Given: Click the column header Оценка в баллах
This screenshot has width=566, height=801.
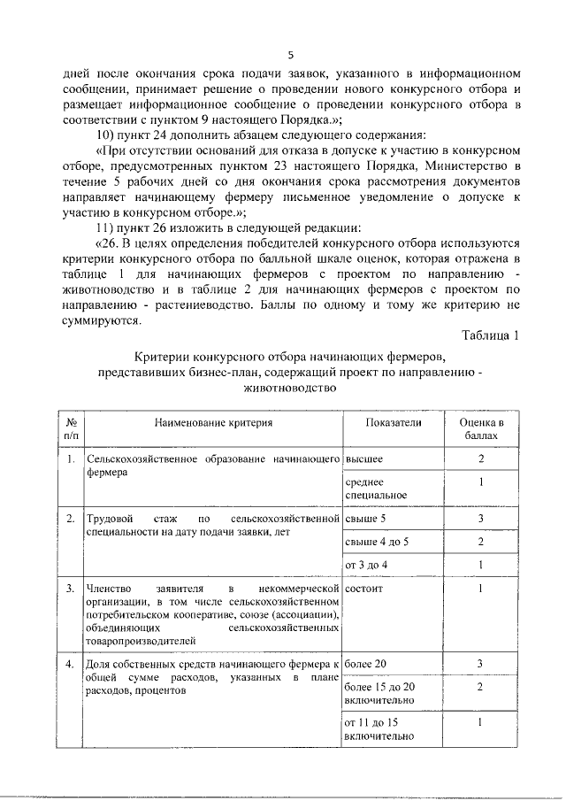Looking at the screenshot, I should click(481, 429).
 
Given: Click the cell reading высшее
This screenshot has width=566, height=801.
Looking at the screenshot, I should click(363, 459).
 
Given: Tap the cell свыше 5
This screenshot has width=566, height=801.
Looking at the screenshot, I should click(365, 518).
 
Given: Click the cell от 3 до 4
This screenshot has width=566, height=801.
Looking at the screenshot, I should click(366, 565).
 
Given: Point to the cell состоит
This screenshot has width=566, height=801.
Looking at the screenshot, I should click(365, 588).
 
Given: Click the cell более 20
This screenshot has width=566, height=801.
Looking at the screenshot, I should click(366, 663).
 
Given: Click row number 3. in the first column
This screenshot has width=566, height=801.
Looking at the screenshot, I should click(70, 588).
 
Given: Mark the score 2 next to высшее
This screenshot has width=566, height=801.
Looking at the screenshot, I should click(481, 459).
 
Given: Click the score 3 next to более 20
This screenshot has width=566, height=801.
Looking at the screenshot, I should click(481, 663).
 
